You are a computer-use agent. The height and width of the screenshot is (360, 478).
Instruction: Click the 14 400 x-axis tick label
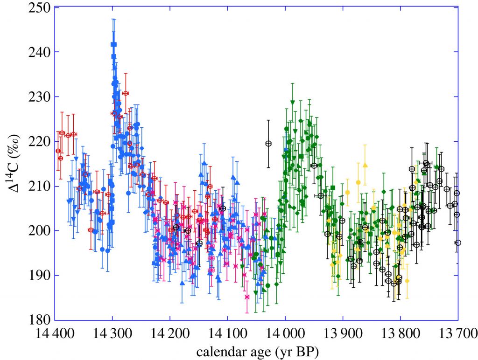55,334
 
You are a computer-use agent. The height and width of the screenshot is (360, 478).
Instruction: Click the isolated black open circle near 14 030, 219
268,144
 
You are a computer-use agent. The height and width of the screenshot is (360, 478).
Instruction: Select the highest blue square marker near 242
113,44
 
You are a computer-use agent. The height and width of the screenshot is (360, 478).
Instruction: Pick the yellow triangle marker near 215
365,165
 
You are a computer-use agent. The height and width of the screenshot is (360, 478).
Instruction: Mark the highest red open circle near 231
126,93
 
